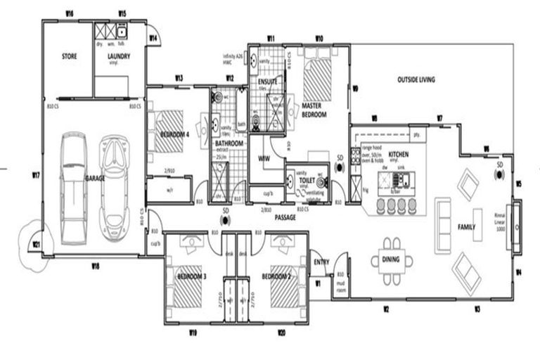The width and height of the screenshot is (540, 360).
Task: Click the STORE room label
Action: (x=69, y=56)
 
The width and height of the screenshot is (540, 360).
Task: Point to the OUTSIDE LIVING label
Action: (x=416, y=79)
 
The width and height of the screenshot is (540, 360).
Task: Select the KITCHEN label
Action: (x=398, y=153)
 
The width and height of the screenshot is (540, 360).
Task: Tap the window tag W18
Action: (x=95, y=265)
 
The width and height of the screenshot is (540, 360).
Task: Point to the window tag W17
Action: (x=34, y=174)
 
